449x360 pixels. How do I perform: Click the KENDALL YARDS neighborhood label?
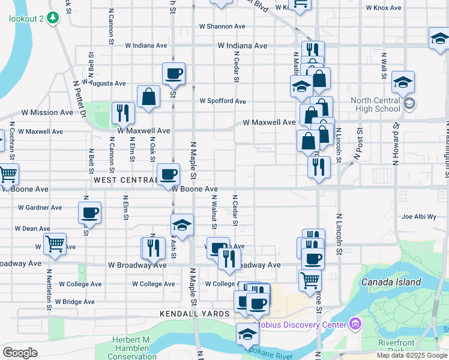[x=195, y=314]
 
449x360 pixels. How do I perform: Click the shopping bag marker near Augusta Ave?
[x=148, y=97]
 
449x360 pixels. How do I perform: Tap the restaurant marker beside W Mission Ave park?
[x=123, y=113]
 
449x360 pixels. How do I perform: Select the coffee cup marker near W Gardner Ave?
[x=90, y=212]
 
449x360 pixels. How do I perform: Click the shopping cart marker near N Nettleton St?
[x=55, y=244]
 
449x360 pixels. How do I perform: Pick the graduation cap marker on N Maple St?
[x=182, y=225]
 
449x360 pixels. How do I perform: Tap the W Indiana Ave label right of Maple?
[x=243, y=46]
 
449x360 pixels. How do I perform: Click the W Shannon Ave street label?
[x=222, y=26]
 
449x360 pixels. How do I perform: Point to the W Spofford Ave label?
[x=223, y=101]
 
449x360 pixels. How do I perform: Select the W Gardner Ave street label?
[x=40, y=208]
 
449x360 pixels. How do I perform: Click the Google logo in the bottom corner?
[x=20, y=353]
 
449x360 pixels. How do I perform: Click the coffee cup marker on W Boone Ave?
[x=168, y=175]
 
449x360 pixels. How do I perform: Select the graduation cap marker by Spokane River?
[x=247, y=333]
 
